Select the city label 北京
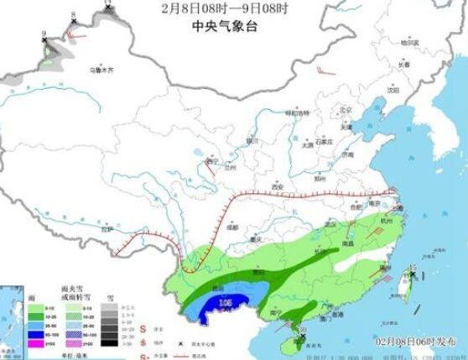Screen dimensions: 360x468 click(x=342, y=110)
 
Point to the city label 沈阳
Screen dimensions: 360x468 click(x=393, y=89)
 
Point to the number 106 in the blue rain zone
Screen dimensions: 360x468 click(x=224, y=301)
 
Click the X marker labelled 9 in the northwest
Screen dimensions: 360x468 click(x=44, y=40)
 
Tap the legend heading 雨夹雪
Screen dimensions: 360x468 click(x=75, y=288)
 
